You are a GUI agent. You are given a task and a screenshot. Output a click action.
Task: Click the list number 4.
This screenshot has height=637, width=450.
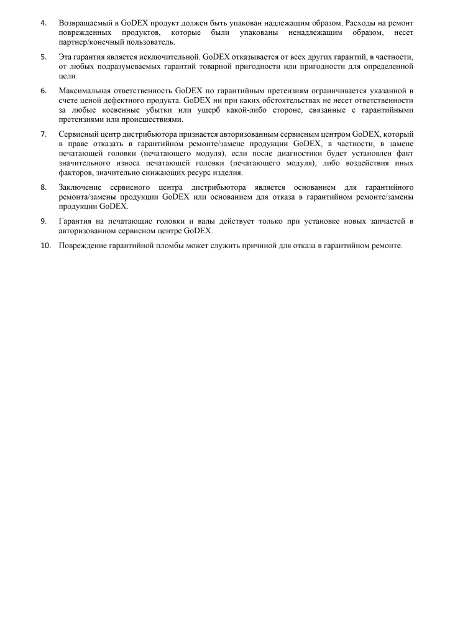point(43,22)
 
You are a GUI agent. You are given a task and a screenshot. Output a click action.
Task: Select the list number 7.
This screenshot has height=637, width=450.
point(43,134)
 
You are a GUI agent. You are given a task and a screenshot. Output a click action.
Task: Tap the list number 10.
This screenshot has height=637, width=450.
point(45,245)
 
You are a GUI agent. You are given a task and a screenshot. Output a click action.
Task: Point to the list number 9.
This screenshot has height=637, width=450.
point(43,221)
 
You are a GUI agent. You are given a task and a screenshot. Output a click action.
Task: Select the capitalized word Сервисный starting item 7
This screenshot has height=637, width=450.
point(78,134)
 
